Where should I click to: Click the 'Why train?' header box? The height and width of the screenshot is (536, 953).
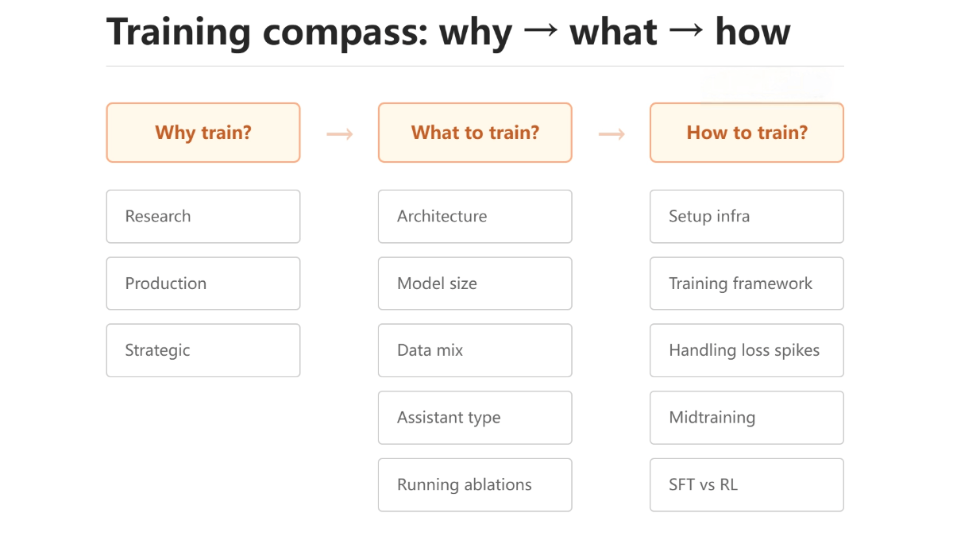203,133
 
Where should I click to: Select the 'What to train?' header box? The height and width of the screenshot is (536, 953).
475,133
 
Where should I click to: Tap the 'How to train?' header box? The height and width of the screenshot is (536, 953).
747,133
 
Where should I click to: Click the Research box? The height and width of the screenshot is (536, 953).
203,216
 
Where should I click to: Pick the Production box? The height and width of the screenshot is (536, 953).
203,283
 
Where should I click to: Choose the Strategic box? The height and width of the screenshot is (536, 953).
203,350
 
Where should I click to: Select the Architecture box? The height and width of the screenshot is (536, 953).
475,216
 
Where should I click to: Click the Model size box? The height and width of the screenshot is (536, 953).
475,283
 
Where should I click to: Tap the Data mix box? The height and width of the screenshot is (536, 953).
475,350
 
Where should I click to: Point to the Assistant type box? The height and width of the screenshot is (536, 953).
475,418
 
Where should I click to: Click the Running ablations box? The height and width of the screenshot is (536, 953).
475,484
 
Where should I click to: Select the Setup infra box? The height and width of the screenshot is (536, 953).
747,216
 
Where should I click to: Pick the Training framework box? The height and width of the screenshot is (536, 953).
747,283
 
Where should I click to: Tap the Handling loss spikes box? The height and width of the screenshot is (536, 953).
747,350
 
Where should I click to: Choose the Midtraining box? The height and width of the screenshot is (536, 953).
747,418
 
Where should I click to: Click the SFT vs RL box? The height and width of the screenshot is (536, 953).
747,484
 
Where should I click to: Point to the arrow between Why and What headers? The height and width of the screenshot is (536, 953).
339,133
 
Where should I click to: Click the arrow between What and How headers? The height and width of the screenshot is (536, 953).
611,133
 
